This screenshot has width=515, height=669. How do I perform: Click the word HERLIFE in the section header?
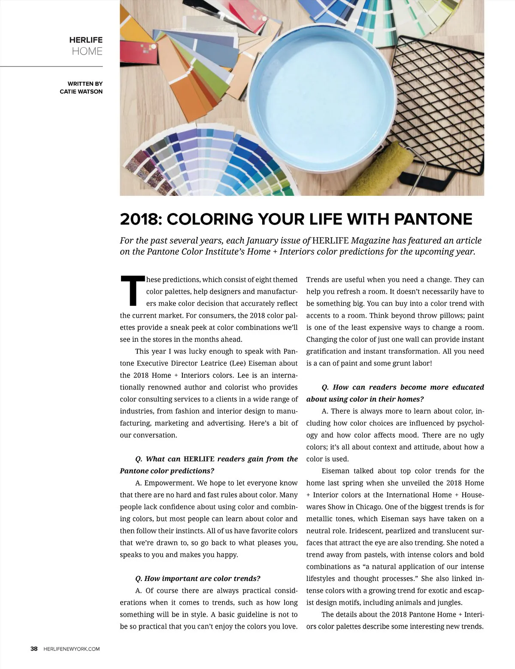86,40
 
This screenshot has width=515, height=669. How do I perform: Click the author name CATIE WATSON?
81,91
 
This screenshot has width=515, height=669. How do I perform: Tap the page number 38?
34,649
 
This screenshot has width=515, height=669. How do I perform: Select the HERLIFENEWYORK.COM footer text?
72,649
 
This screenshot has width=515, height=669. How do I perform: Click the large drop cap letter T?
132,291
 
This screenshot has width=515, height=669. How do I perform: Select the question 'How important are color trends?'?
198,578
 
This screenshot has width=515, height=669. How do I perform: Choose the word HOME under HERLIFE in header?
87,52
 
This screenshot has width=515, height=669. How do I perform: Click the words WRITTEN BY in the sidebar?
85,84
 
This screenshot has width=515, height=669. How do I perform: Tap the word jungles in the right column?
449,602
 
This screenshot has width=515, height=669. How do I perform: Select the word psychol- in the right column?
470,423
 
